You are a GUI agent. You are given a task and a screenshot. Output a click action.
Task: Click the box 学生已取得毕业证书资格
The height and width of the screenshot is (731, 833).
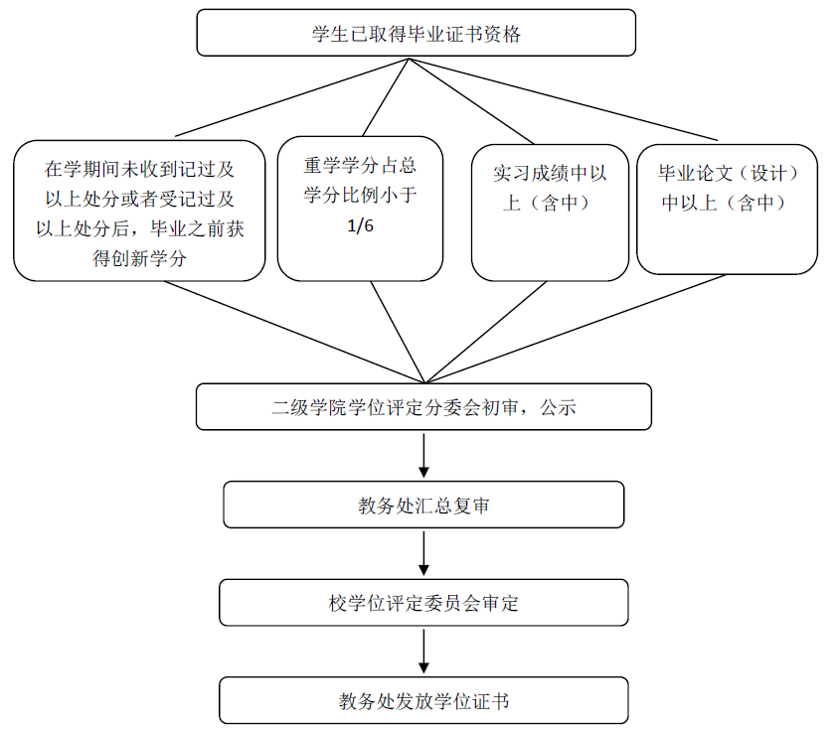416,34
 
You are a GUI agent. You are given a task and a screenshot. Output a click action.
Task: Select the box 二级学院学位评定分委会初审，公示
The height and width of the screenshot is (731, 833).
423,407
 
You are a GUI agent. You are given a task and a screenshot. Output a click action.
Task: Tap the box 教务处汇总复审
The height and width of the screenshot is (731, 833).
423,505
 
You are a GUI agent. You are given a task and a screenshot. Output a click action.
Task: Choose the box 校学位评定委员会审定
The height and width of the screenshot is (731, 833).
423,602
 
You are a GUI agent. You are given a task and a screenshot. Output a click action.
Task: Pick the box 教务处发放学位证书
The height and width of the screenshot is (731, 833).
423,700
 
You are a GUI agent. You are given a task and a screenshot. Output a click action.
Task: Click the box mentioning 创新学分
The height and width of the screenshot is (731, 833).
140,211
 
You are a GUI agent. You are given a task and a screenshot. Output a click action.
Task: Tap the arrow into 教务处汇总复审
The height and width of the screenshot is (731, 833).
424,456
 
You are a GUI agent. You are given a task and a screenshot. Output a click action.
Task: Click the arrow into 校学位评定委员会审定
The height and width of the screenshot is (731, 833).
424,553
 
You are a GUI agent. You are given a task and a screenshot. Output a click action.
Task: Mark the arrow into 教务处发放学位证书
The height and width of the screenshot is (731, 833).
424,652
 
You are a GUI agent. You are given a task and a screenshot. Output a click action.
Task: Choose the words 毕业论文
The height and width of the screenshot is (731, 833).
694,174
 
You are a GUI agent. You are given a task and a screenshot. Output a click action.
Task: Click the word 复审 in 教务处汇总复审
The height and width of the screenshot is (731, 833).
467,505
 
